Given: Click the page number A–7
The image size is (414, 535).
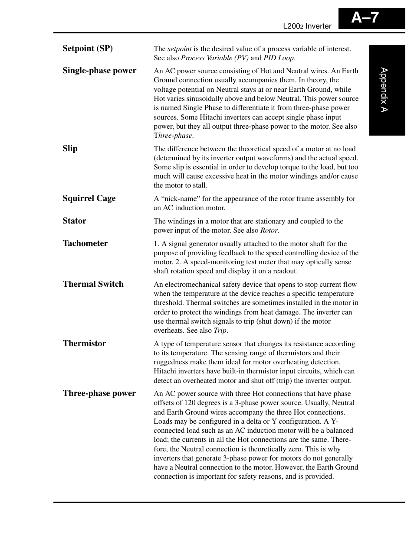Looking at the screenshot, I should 365,18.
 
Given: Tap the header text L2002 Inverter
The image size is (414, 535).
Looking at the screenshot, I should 307,26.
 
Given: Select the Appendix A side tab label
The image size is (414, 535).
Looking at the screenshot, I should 384,90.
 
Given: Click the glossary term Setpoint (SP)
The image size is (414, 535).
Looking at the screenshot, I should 88,49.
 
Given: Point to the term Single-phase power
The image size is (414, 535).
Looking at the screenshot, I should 99,71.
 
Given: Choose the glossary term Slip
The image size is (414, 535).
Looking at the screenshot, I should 70,149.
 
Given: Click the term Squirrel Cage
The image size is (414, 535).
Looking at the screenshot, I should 89,198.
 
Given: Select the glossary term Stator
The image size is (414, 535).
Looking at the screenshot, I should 74,221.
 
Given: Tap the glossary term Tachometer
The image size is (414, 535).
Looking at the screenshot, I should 85,243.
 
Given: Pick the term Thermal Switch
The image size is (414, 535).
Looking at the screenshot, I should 93,284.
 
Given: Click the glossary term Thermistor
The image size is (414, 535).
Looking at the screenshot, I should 84,344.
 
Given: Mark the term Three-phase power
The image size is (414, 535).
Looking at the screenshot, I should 99,393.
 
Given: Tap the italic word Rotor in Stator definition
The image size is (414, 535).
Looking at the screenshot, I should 269,230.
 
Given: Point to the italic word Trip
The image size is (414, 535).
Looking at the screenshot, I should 220,331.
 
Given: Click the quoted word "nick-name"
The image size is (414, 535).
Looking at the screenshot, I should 180,199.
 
